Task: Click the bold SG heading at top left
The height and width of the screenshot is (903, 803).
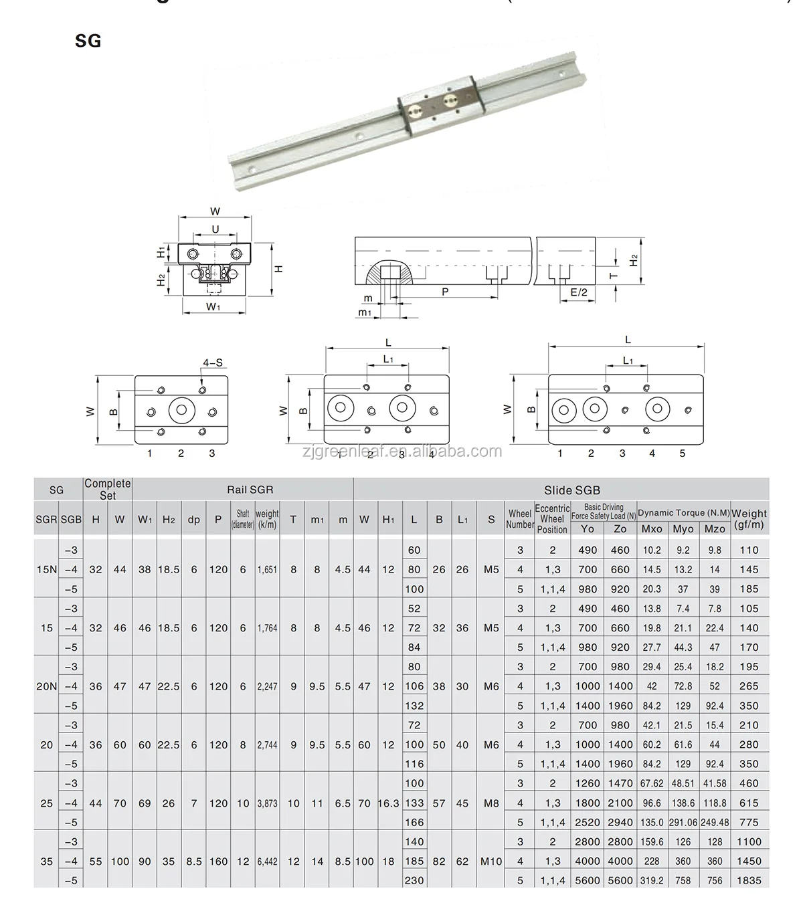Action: [x=88, y=41]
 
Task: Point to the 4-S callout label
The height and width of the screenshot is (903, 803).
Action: [x=213, y=363]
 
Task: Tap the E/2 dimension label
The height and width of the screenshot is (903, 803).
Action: [x=579, y=292]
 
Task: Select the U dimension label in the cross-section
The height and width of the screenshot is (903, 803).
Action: [x=215, y=229]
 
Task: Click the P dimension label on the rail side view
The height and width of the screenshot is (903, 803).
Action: [x=445, y=292]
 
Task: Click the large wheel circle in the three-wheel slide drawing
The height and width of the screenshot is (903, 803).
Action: [x=181, y=410]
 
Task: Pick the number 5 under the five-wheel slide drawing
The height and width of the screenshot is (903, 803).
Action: [x=683, y=453]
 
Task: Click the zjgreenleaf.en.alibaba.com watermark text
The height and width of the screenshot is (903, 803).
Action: [x=401, y=451]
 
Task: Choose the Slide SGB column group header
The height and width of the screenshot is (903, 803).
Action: [x=572, y=490]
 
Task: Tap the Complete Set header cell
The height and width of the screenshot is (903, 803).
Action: [x=108, y=489]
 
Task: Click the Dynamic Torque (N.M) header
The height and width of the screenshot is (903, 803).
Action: [x=683, y=512]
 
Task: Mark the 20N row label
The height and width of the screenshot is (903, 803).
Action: [x=46, y=686]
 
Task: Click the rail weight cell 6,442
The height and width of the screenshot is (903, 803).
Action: [x=267, y=862]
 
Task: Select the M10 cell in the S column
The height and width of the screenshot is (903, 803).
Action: [x=491, y=862]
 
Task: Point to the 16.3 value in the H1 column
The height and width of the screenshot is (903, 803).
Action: [x=388, y=803]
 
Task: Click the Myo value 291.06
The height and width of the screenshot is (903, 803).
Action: [x=683, y=823]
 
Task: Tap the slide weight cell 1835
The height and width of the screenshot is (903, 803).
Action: [x=749, y=880]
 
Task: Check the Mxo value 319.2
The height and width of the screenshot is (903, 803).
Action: [x=652, y=880]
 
